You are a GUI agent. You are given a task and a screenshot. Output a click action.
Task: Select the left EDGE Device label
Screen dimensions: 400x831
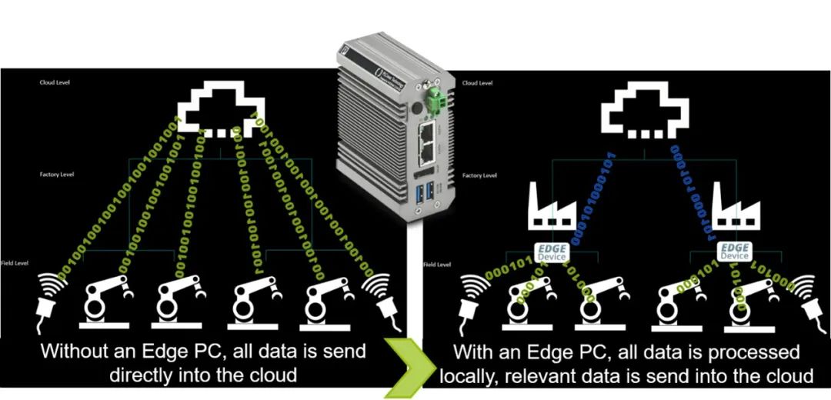pos(551,251)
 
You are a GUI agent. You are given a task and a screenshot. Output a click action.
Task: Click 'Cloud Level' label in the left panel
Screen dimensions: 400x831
pos(54,82)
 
